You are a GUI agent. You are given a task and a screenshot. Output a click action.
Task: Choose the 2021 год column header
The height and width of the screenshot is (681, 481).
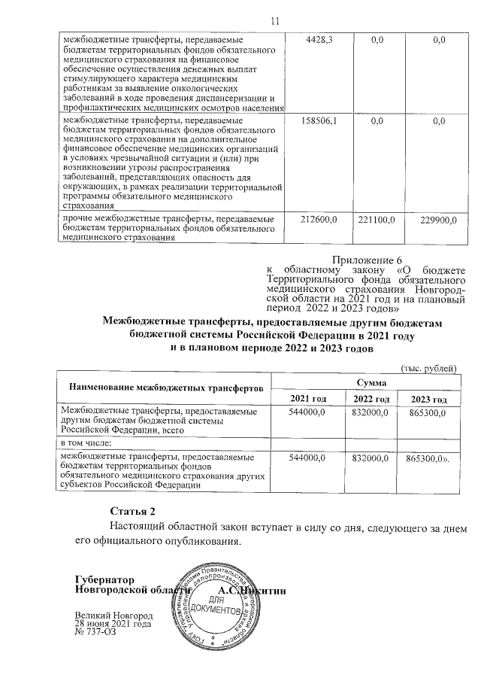tap(314, 398)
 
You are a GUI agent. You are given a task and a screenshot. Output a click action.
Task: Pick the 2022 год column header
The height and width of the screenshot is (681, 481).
tap(371, 398)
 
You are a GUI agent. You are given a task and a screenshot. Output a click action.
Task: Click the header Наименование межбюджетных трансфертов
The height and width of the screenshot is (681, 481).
tap(166, 388)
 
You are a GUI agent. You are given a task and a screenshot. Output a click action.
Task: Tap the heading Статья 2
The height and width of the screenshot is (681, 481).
tap(133, 512)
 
